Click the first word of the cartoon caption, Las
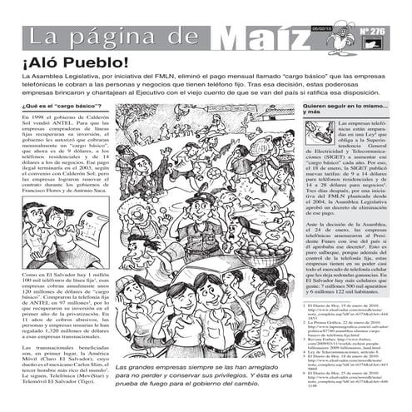[x=122, y=368]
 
